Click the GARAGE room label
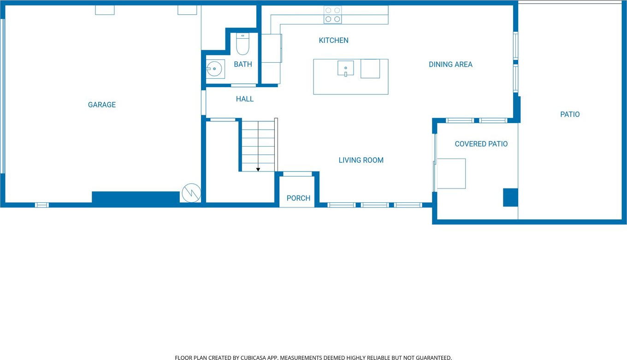(x=101, y=105)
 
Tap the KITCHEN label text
(x=334, y=40)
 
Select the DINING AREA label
(x=450, y=65)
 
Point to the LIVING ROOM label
(x=361, y=160)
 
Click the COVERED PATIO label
(x=481, y=144)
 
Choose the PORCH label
(x=298, y=198)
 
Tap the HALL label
(x=245, y=99)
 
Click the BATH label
(x=243, y=65)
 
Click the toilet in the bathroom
(x=243, y=44)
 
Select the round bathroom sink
(x=214, y=69)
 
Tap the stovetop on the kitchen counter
(x=332, y=15)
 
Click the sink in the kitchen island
(x=345, y=68)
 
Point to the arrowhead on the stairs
(x=258, y=170)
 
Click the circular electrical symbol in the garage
(x=191, y=193)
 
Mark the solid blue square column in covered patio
(x=510, y=197)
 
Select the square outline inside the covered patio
(x=451, y=174)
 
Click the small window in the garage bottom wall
(x=41, y=205)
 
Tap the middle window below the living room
(x=374, y=205)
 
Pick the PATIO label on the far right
(x=570, y=114)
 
